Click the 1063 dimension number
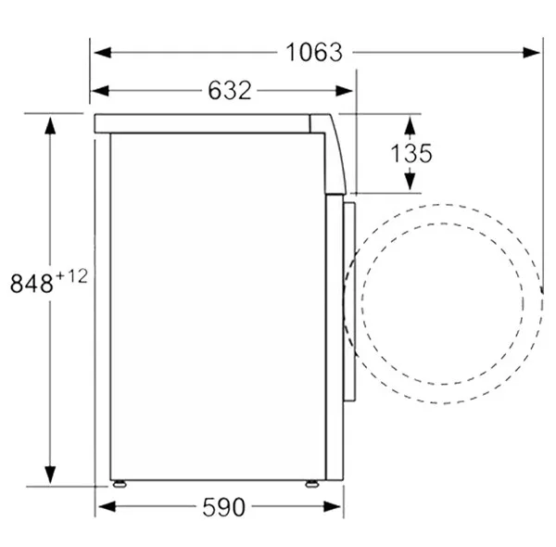(x=314, y=53)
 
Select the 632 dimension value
(x=230, y=91)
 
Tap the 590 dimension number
(x=223, y=507)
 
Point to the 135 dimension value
(x=411, y=153)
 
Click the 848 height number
(x=32, y=284)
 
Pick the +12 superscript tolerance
(x=71, y=276)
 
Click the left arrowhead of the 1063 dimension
(x=103, y=53)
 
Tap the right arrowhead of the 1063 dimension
(x=532, y=53)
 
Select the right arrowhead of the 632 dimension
(x=345, y=91)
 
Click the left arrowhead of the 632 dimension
(x=100, y=91)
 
